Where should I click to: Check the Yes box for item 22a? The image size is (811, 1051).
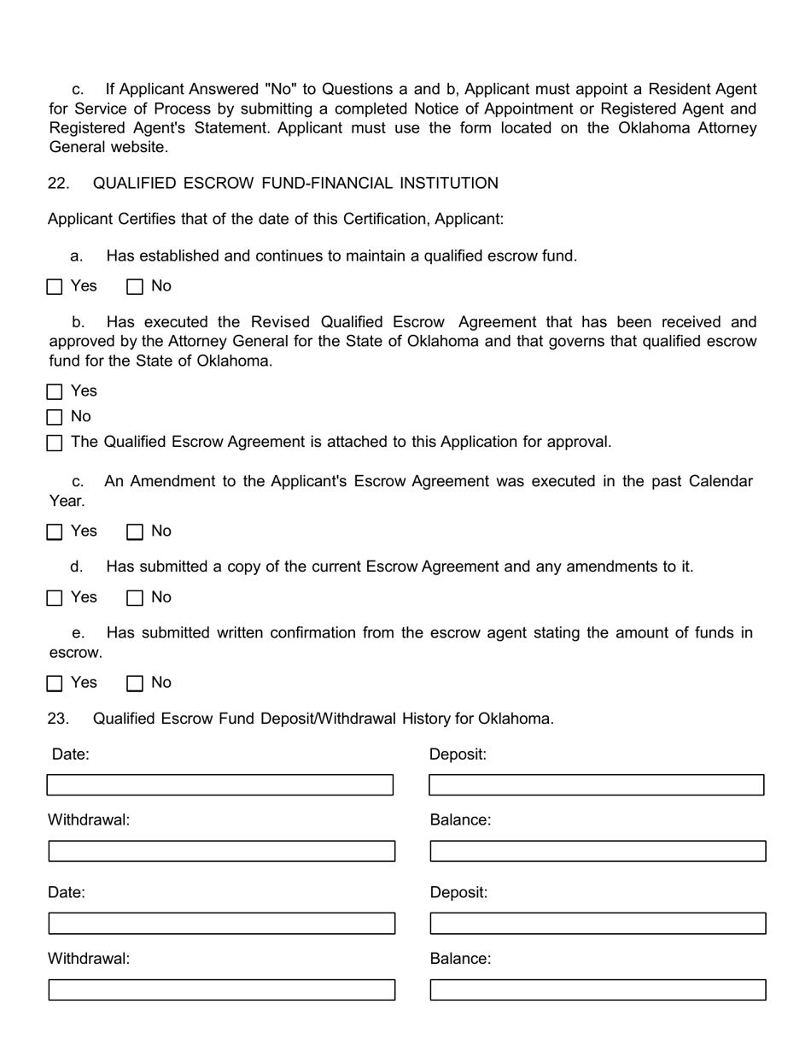click(x=55, y=287)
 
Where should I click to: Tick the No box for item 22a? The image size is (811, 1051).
click(x=135, y=287)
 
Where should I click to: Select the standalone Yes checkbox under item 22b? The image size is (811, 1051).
click(x=55, y=392)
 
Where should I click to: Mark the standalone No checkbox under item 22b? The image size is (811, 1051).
click(x=55, y=418)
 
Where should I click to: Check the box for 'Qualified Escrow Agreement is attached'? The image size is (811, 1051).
click(x=55, y=443)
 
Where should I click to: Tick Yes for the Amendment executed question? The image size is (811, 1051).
click(x=55, y=532)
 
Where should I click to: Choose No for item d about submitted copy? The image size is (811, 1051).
click(x=135, y=598)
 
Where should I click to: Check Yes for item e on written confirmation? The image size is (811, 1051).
click(x=55, y=684)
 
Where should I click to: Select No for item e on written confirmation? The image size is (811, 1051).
click(x=135, y=684)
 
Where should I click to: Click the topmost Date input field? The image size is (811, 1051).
click(x=220, y=785)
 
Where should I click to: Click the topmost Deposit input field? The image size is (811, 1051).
click(x=596, y=785)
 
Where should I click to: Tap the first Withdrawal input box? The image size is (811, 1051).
click(x=222, y=851)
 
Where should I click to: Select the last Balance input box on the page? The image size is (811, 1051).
click(x=598, y=989)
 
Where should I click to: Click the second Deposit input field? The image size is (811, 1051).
click(x=598, y=924)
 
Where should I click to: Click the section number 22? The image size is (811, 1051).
click(x=58, y=184)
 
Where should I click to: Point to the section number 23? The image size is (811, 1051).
click(x=58, y=719)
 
